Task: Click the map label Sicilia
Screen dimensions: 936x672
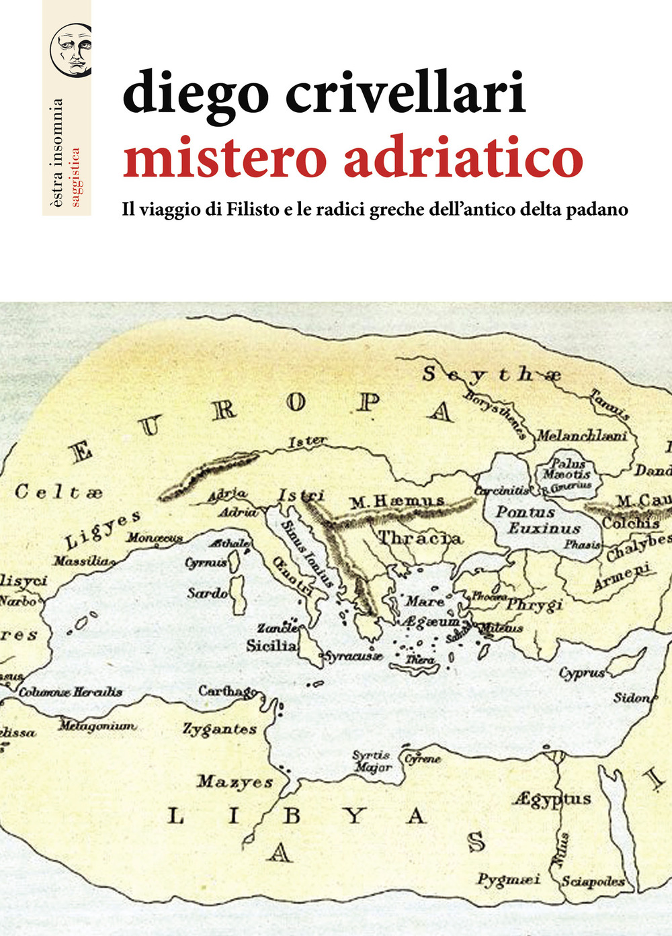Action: click(x=271, y=646)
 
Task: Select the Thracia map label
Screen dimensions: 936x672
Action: click(x=420, y=538)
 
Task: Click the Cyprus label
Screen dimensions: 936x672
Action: click(x=582, y=673)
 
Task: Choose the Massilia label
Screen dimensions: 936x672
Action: click(x=82, y=561)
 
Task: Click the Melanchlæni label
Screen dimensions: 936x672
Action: click(x=582, y=436)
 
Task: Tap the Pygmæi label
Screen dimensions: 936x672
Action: click(x=509, y=879)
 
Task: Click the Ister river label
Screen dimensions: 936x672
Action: click(x=307, y=442)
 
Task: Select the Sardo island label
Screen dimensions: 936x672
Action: click(x=208, y=593)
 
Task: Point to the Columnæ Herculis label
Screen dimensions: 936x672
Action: click(x=71, y=692)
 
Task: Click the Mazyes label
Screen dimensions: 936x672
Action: click(x=235, y=782)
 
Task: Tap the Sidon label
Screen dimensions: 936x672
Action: click(x=632, y=698)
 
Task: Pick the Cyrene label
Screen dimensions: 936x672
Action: click(x=423, y=759)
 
